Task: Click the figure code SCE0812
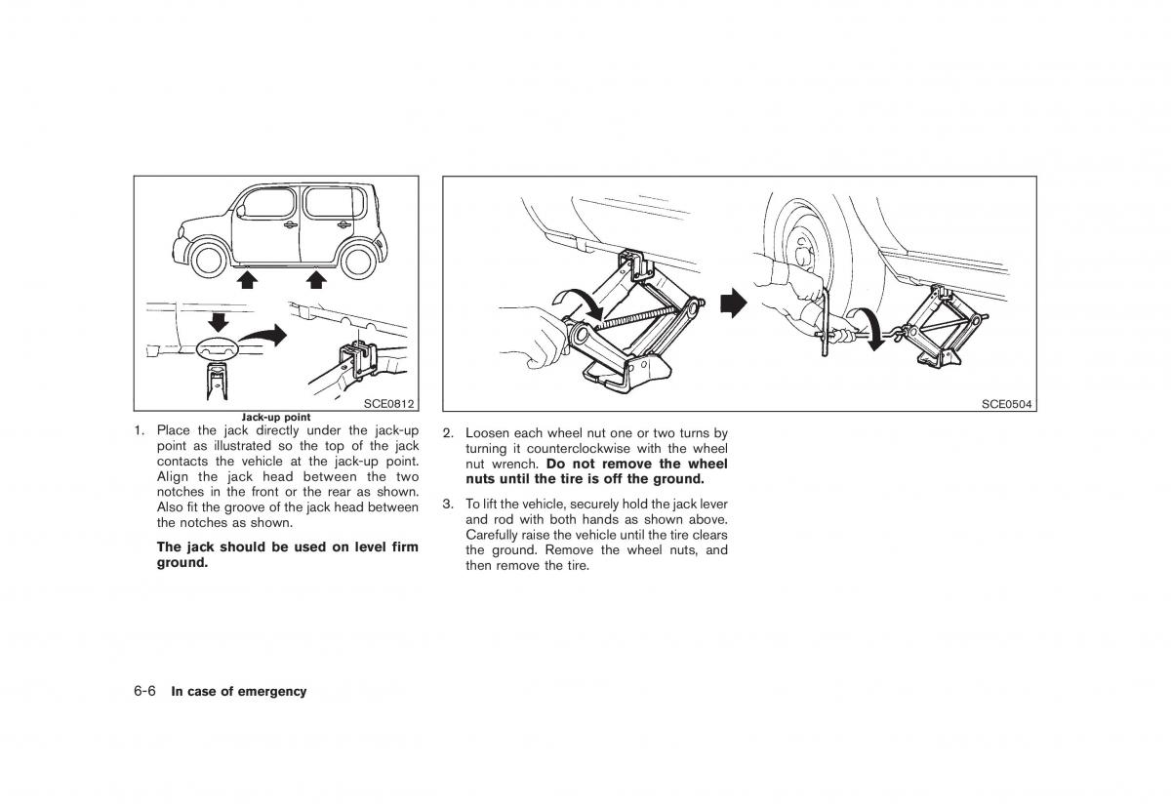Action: [389, 403]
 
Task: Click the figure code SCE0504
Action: [1006, 403]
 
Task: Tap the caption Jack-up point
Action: [277, 418]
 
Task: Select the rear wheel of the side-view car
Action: [357, 260]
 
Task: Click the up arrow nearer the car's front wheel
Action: [248, 281]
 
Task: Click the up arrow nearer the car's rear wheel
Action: [315, 281]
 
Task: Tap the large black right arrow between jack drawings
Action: [732, 303]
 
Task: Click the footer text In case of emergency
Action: [238, 691]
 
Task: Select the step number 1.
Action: [140, 430]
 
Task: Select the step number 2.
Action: [447, 432]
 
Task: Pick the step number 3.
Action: [447, 505]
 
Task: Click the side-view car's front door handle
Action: [290, 225]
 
